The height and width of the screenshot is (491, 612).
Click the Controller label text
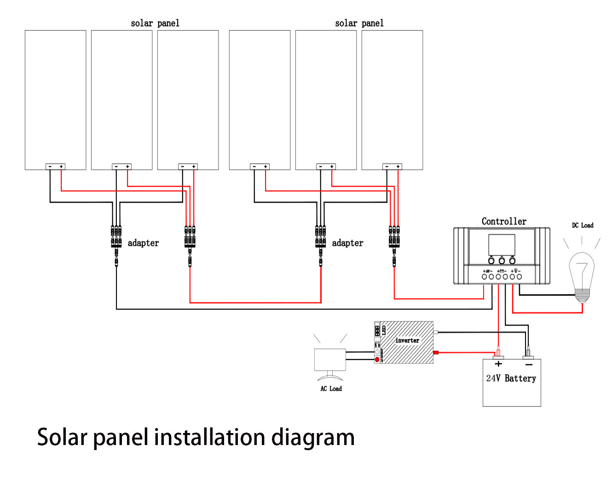[x=504, y=222]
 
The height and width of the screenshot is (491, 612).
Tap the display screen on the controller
[x=502, y=245]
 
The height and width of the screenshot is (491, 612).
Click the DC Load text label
[x=583, y=225]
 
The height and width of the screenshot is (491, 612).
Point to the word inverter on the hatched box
[x=407, y=340]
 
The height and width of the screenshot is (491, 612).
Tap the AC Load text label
[x=331, y=388]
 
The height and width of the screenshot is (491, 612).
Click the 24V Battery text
[x=511, y=378]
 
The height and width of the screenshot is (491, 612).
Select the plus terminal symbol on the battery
[x=498, y=364]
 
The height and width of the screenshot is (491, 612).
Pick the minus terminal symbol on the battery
[x=529, y=365]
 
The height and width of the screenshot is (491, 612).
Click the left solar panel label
[x=155, y=23]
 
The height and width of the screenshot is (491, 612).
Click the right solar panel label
[x=359, y=23]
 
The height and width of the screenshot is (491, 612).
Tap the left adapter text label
[x=143, y=243]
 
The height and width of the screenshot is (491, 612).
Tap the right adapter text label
[x=347, y=243]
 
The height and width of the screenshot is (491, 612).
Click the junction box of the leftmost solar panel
[x=56, y=166]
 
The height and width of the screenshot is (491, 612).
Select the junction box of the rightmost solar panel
[x=393, y=166]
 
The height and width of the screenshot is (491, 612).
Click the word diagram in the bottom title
[x=313, y=438]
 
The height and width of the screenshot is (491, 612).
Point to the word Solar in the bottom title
[x=62, y=437]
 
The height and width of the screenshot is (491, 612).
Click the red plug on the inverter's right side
[x=436, y=353]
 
